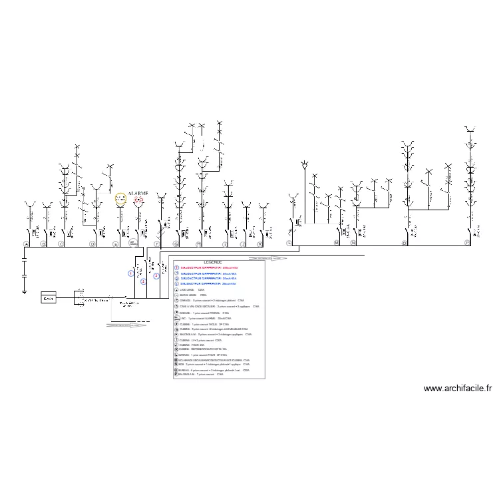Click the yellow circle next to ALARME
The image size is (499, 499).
coord(120,198)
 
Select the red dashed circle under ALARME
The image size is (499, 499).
coord(138,200)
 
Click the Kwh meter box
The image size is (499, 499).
coord(49,298)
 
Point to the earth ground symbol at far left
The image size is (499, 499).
coord(25,290)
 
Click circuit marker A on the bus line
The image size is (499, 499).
coord(26,244)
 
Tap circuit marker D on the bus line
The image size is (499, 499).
coord(92,244)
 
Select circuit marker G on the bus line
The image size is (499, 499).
coord(176,244)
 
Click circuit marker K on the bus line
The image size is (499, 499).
coord(259,244)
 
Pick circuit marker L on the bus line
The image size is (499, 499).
coord(289,244)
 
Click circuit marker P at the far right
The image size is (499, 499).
coord(466,244)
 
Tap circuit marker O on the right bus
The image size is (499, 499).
coord(404,244)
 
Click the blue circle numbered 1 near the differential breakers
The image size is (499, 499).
coord(131,273)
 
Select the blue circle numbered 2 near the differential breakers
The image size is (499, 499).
coord(143,281)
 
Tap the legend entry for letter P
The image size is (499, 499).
coord(200,375)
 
